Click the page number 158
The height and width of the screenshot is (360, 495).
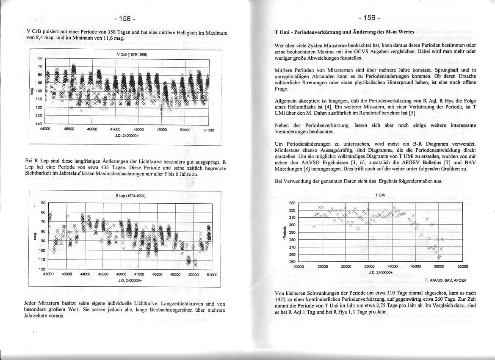click(x=124, y=19)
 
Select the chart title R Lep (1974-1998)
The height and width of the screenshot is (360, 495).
click(x=130, y=196)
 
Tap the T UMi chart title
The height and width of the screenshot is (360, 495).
click(x=380, y=195)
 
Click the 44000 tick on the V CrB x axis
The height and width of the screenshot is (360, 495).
click(x=45, y=130)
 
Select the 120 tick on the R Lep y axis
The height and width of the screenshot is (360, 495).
click(x=42, y=269)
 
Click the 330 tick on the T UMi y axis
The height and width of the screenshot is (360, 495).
click(x=292, y=203)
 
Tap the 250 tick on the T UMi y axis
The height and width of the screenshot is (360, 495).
click(x=292, y=262)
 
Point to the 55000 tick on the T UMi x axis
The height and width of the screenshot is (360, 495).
click(x=463, y=267)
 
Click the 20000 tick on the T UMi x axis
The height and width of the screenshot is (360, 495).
click(x=299, y=267)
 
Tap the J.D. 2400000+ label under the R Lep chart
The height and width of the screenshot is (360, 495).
click(x=130, y=280)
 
